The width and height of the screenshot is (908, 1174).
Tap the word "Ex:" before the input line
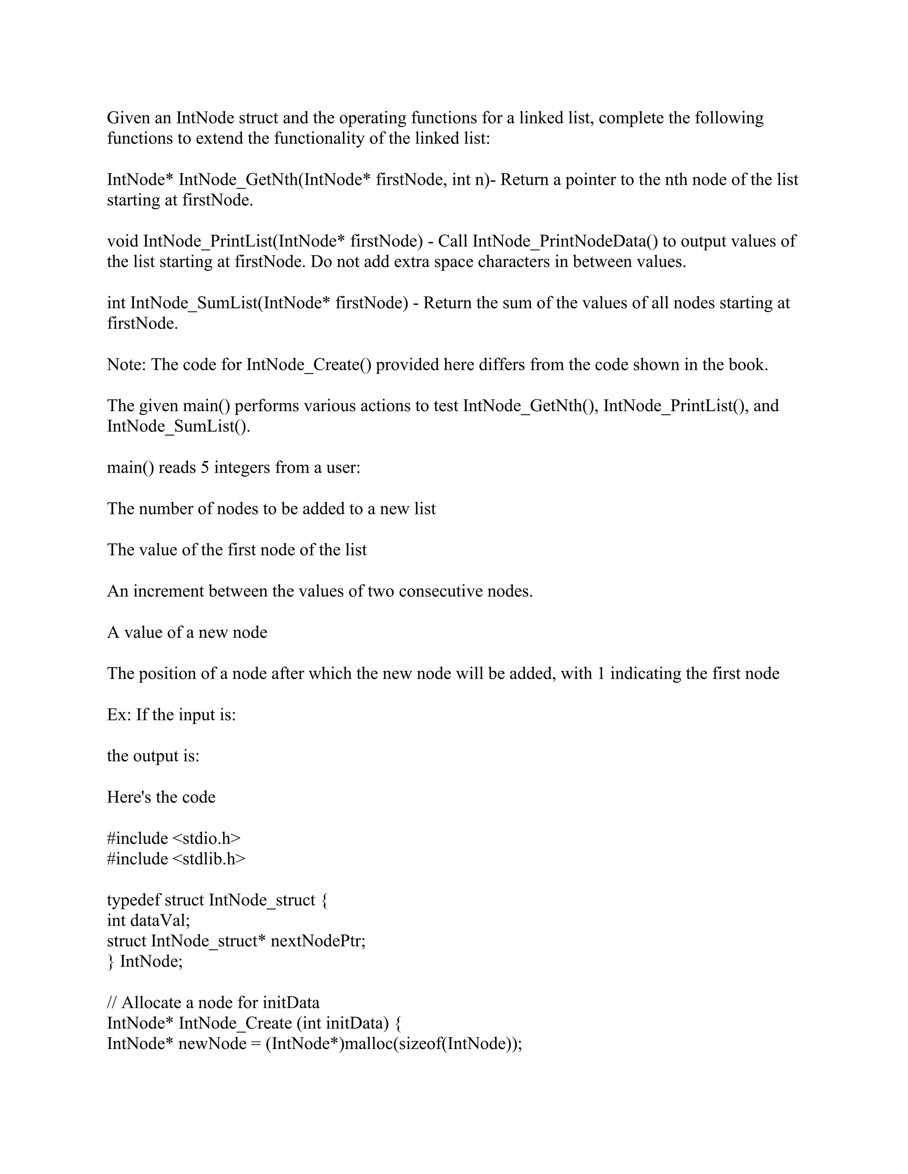[118, 715]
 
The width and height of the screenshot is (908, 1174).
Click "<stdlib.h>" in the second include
[209, 859]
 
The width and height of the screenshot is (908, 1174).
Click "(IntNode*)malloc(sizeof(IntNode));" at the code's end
[394, 1044]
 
